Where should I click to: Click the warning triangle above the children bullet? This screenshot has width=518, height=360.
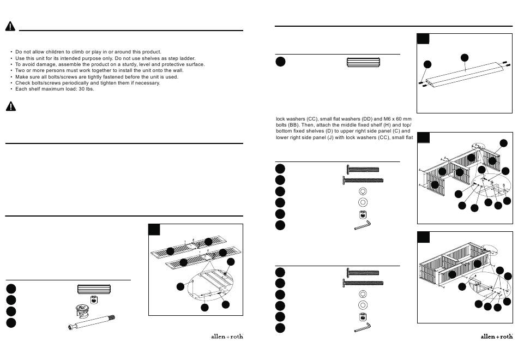click(x=10, y=27)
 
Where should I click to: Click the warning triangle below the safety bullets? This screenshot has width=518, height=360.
click(x=10, y=106)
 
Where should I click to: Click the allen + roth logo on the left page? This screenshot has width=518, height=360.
click(x=227, y=336)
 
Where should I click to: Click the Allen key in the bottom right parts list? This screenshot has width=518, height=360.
click(x=363, y=327)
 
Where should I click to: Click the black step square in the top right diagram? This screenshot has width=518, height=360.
click(x=423, y=39)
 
